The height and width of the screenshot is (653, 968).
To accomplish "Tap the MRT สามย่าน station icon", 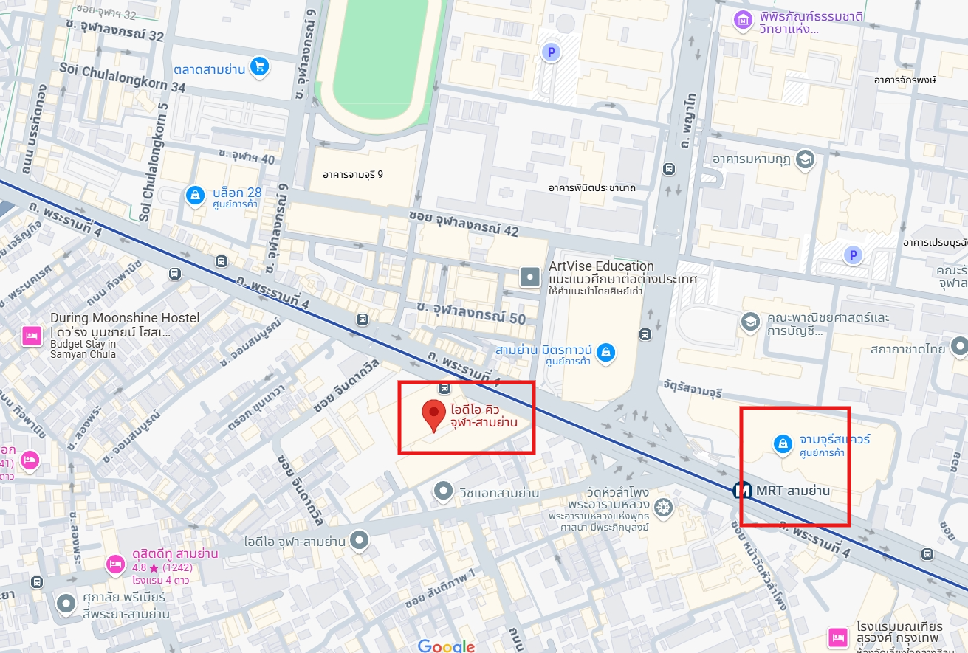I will point(742,490).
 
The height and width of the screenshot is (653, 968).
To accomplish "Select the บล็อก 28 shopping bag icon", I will point(194,195).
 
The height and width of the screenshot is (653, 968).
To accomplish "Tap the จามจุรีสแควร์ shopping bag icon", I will point(782,443).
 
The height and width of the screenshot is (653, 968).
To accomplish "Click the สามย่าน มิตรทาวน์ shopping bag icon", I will point(605,352).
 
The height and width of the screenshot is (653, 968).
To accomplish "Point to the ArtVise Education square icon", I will point(530,277).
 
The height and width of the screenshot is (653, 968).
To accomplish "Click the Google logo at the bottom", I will point(446,646).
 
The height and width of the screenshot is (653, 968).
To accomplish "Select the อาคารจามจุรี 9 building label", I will point(353,175).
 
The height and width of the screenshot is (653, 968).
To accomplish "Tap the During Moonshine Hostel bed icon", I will point(31,336).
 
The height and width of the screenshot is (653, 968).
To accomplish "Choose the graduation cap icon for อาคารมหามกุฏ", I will point(804,159).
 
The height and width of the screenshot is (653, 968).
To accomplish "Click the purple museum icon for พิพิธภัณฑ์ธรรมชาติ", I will point(742,21).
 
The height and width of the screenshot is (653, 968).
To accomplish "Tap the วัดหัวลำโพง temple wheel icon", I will point(663,507).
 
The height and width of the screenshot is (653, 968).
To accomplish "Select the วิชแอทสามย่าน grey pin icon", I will point(443,490).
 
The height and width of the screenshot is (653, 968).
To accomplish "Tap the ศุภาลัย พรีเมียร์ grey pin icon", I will point(66,604).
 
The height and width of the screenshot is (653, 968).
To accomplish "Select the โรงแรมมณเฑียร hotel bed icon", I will point(837,635).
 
